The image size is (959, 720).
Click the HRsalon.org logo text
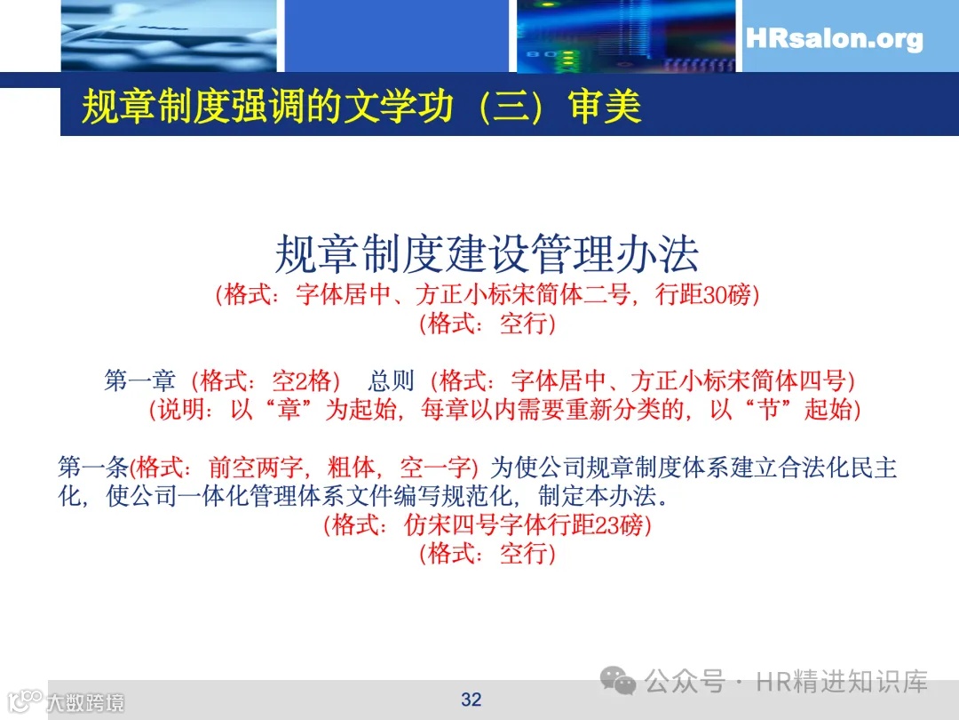pos(834,39)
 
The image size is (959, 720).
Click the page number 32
pos(472,700)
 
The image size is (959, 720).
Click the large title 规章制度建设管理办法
pos(487,254)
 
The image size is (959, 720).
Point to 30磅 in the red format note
pos(726,295)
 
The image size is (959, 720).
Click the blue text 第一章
pos(140,380)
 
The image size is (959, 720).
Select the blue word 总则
pos(392,380)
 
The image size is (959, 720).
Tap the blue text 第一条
pos(93,467)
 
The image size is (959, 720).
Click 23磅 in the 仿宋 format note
pos(619,525)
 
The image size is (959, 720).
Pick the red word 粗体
pos(350,467)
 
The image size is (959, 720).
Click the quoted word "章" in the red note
pos(289,410)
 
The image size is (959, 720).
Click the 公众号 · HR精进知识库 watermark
pos(785,682)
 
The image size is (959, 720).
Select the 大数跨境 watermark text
pos(85,702)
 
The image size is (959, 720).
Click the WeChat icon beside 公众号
pos(619,682)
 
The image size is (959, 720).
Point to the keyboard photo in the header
pos(169,36)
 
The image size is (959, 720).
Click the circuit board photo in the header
pos(626,36)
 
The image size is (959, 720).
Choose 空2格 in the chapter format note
pos(305,380)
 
